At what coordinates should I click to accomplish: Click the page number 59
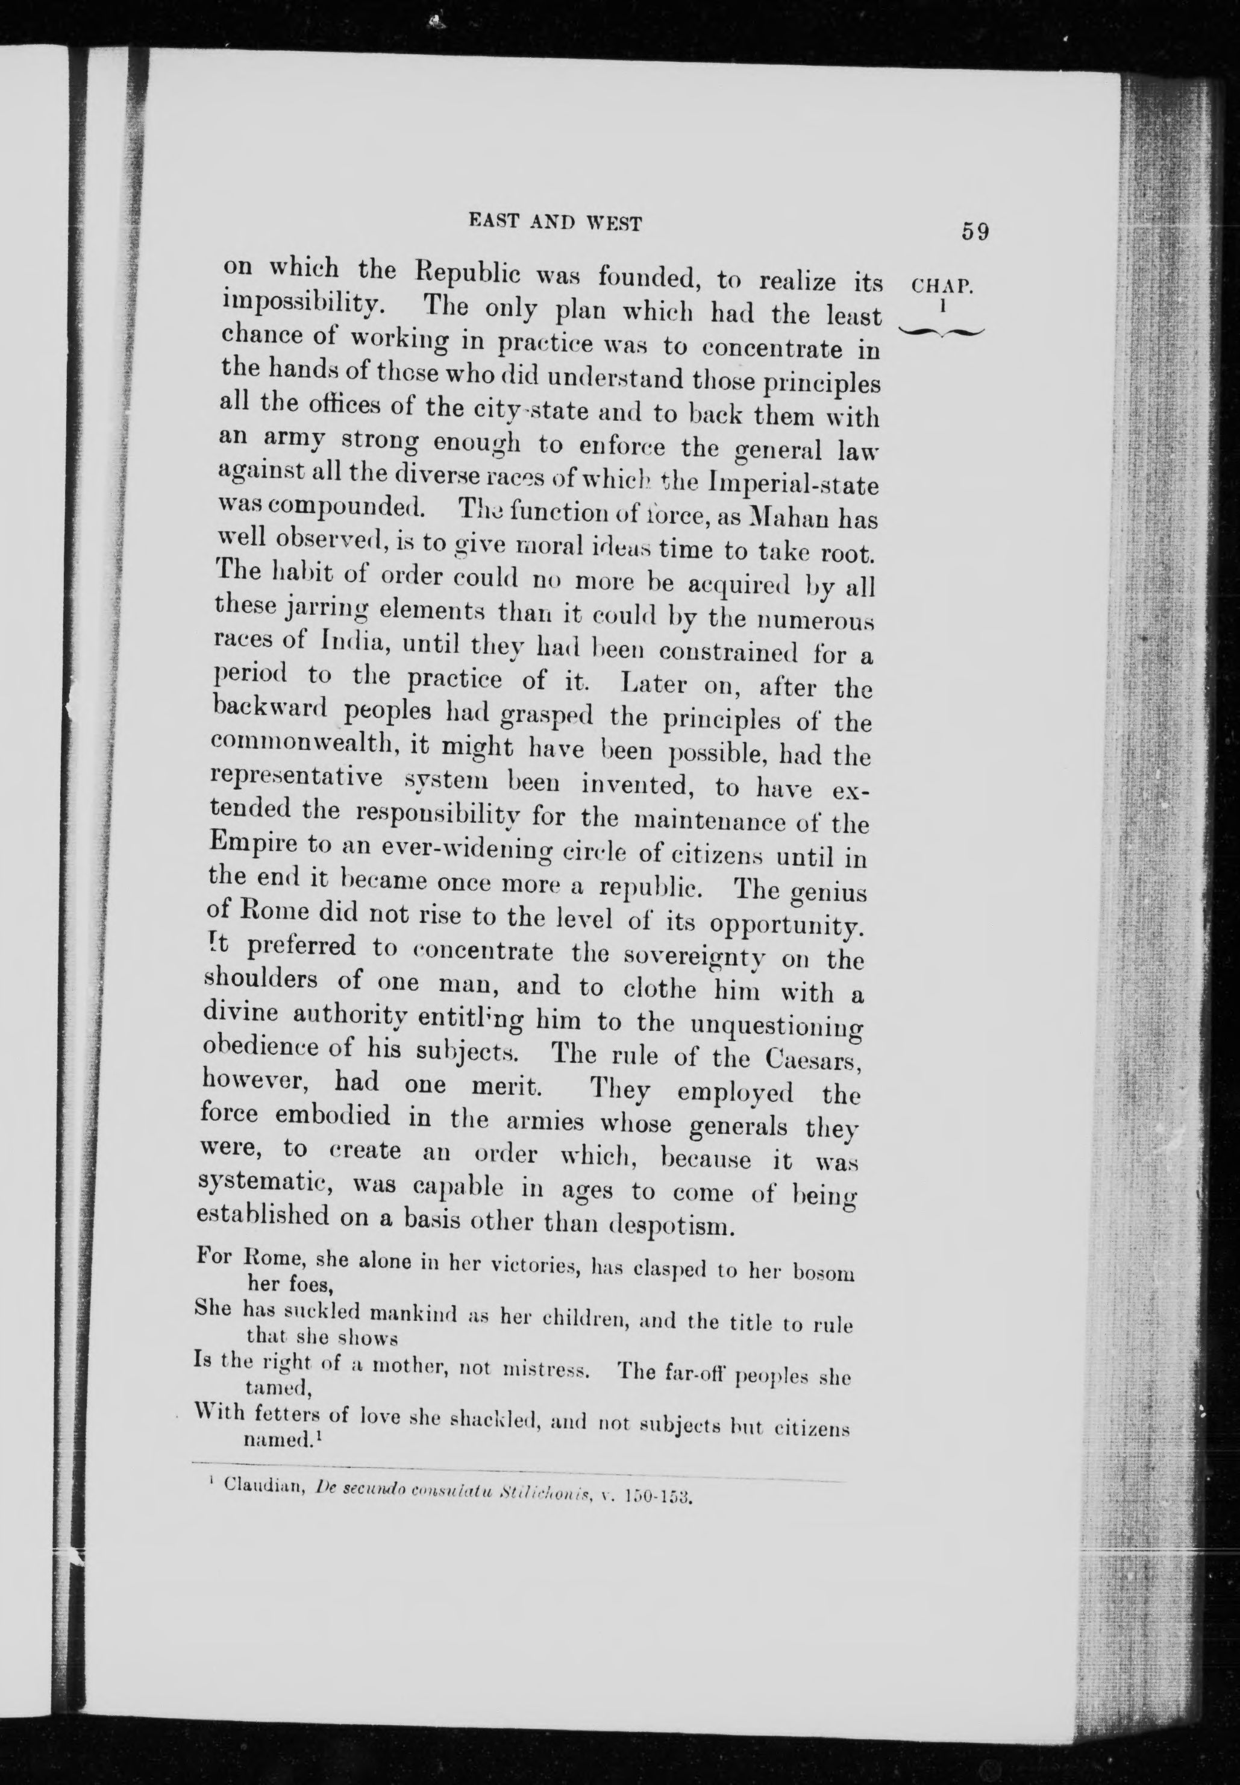(x=975, y=231)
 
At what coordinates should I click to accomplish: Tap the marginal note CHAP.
(x=942, y=286)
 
